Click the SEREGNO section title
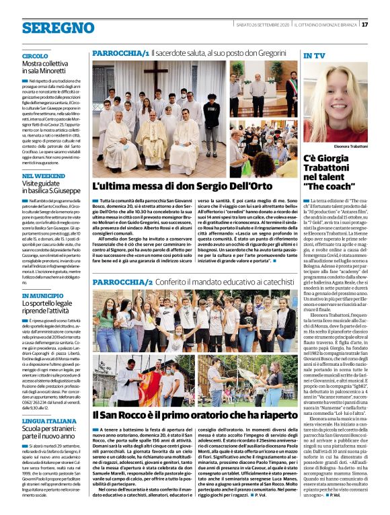coord(49,27)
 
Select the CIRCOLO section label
coord(35,56)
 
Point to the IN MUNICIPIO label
coord(43,295)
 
